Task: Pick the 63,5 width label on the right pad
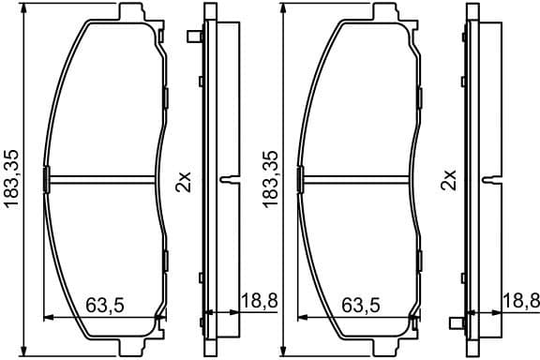360,304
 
